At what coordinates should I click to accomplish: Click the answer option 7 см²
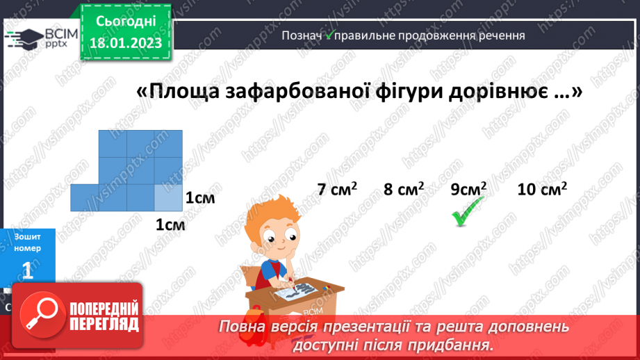click(x=337, y=189)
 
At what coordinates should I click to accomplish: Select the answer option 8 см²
click(x=402, y=189)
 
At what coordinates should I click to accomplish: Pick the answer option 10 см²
click(x=542, y=189)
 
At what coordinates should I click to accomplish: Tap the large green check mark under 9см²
click(x=468, y=211)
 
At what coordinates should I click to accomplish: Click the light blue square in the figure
click(x=167, y=197)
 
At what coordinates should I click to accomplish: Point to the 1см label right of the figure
click(x=200, y=199)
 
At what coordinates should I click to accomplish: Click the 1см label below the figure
click(x=170, y=225)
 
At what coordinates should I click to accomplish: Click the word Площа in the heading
click(x=182, y=92)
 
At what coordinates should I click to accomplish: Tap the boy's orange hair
click(x=277, y=216)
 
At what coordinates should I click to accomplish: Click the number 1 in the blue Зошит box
click(x=27, y=270)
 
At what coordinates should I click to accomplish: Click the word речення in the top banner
click(x=500, y=35)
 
